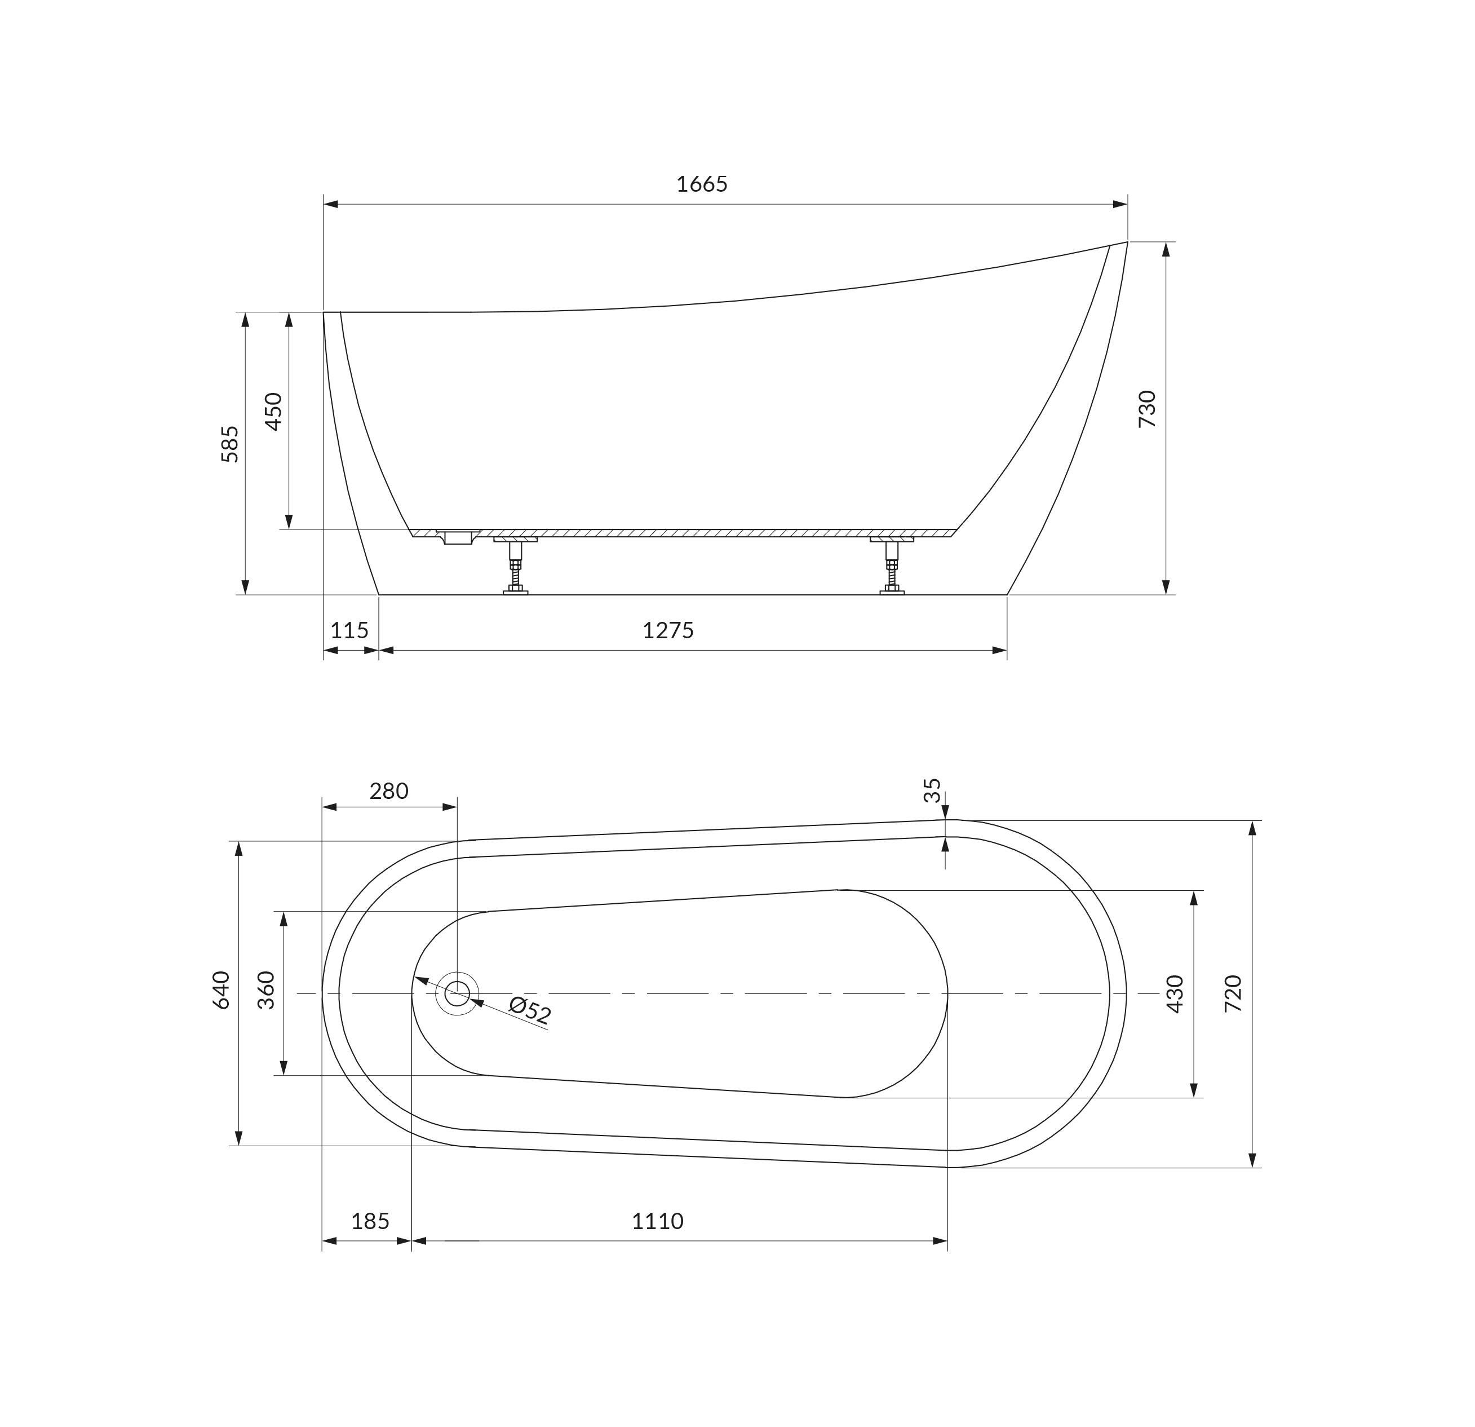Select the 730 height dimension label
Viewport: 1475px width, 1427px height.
pos(1147,409)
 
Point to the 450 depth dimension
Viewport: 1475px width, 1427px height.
pos(273,411)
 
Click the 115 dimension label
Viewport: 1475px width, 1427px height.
pos(349,629)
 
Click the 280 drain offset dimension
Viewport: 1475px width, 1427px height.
pos(388,791)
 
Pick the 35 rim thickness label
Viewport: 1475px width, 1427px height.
pos(932,790)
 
